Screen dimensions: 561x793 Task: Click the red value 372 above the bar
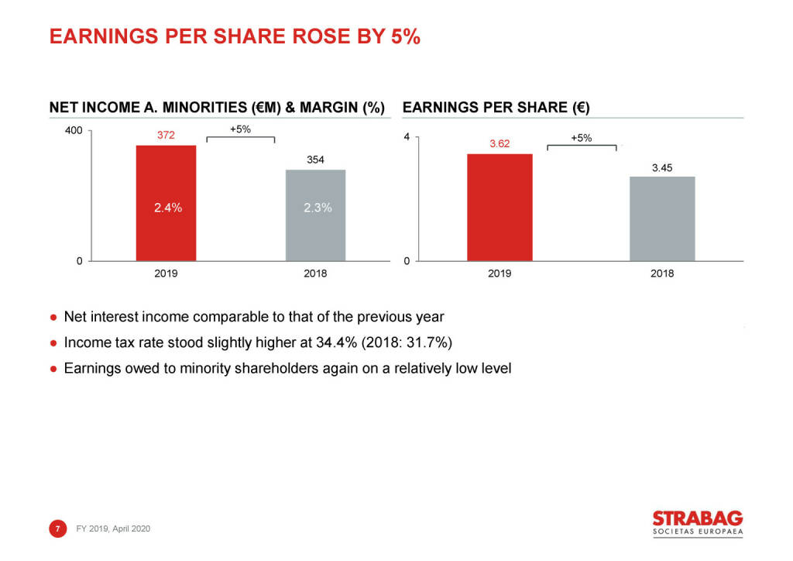coord(166,136)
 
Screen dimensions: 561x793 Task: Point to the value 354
coord(315,160)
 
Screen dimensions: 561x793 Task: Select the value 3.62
coord(499,144)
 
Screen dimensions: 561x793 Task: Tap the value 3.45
coord(662,167)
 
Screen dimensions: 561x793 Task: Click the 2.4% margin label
coord(167,208)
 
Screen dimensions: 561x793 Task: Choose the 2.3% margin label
coord(318,208)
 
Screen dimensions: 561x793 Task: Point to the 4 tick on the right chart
coord(407,138)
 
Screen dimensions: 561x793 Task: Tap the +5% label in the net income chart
coord(241,129)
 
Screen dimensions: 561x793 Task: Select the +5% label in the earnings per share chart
coord(581,138)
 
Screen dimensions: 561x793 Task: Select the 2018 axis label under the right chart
coord(662,274)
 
